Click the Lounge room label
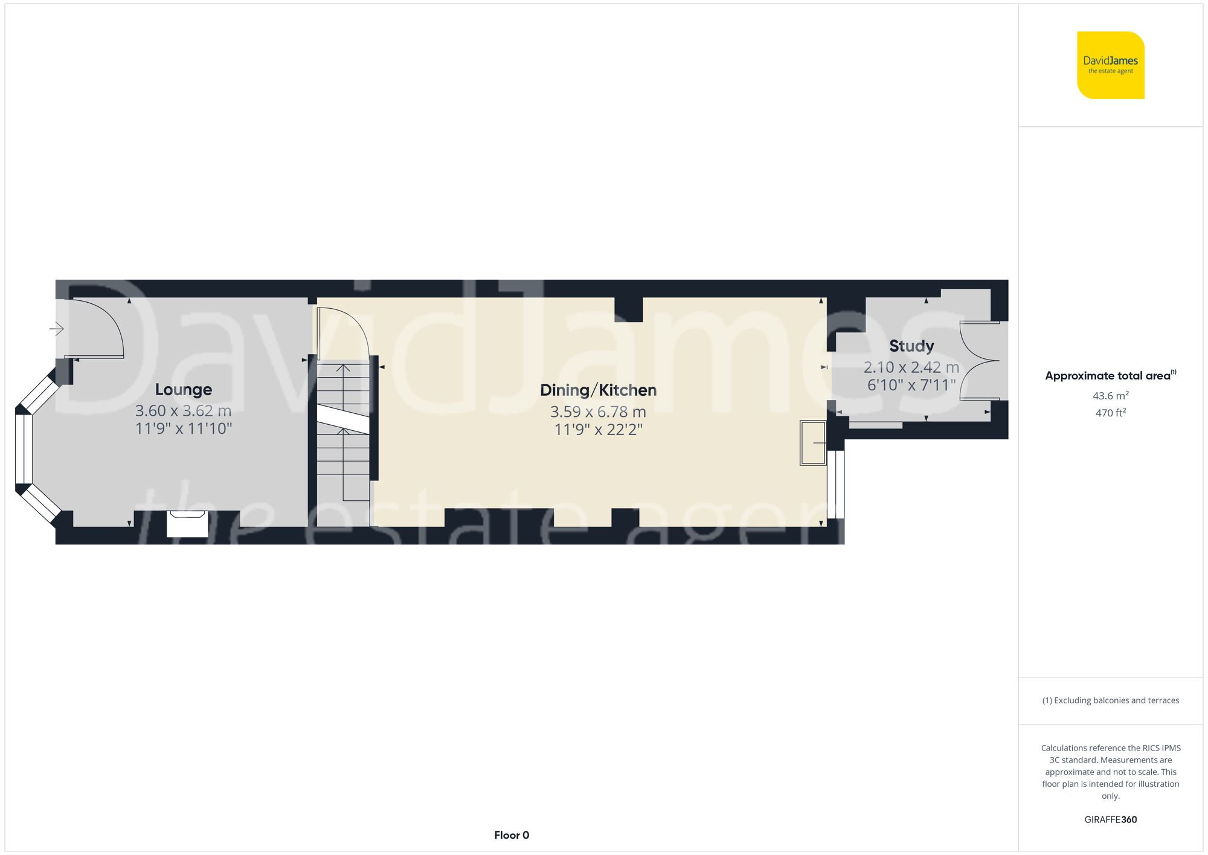click(x=184, y=390)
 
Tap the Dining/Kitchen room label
click(x=598, y=390)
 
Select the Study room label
click(x=911, y=346)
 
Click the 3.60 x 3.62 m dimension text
click(x=184, y=411)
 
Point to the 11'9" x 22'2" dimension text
click(x=598, y=430)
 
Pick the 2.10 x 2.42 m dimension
click(x=911, y=367)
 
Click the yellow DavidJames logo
click(x=1110, y=65)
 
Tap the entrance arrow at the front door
click(x=57, y=329)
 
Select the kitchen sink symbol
click(x=813, y=443)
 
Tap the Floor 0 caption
click(x=512, y=835)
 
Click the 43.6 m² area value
click(x=1110, y=396)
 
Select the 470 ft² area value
click(x=1110, y=413)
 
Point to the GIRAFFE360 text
click(x=1110, y=819)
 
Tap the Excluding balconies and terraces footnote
click(x=1110, y=700)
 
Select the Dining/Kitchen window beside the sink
click(x=835, y=484)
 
